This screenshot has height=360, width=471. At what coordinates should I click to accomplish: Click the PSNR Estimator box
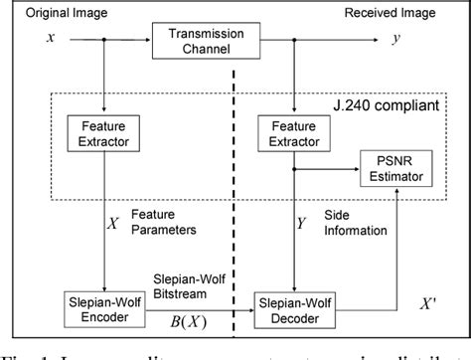tap(397, 170)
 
